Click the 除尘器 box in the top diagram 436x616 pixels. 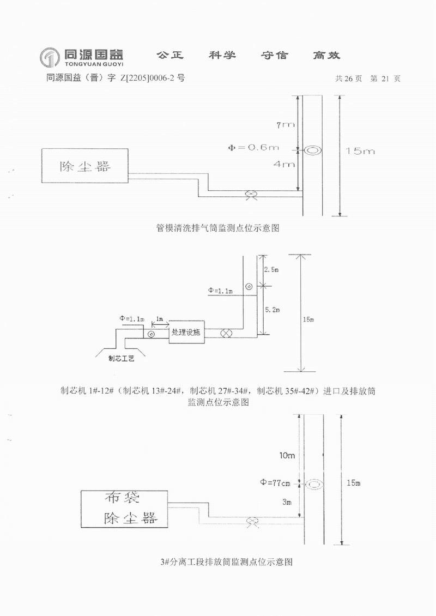click(x=85, y=166)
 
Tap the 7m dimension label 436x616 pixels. click(x=285, y=125)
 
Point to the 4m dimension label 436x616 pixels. click(x=286, y=164)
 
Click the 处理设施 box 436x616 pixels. click(x=186, y=332)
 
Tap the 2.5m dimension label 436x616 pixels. click(x=271, y=270)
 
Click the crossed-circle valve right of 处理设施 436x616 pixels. click(x=225, y=333)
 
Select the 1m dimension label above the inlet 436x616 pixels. click(x=159, y=318)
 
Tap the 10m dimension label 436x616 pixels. click(x=286, y=455)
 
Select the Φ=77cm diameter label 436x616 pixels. click(x=280, y=482)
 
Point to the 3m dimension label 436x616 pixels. click(x=288, y=501)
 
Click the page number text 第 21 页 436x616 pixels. click(x=385, y=78)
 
